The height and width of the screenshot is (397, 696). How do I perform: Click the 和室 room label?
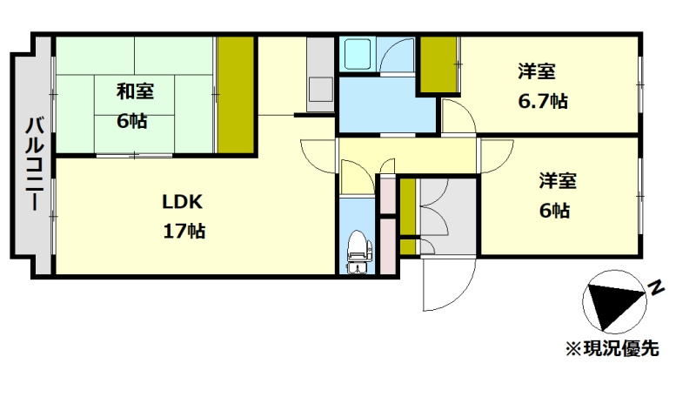(x=135, y=91)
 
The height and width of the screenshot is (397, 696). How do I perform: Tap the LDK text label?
(x=182, y=202)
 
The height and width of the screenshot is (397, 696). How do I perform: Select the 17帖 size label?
(x=184, y=231)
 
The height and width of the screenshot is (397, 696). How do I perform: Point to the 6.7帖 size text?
(x=543, y=101)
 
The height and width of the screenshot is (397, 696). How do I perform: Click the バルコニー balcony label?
(x=34, y=164)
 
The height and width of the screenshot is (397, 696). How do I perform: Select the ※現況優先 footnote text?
(x=612, y=348)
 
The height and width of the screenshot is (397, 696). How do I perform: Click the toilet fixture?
(x=358, y=252)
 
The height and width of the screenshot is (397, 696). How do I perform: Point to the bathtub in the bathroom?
(x=358, y=54)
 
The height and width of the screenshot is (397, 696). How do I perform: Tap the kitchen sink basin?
(x=320, y=90)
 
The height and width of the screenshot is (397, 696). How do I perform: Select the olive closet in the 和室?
(x=236, y=95)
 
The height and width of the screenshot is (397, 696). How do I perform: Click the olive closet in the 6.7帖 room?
(x=438, y=64)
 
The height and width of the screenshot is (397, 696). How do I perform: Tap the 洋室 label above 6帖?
(x=558, y=181)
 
